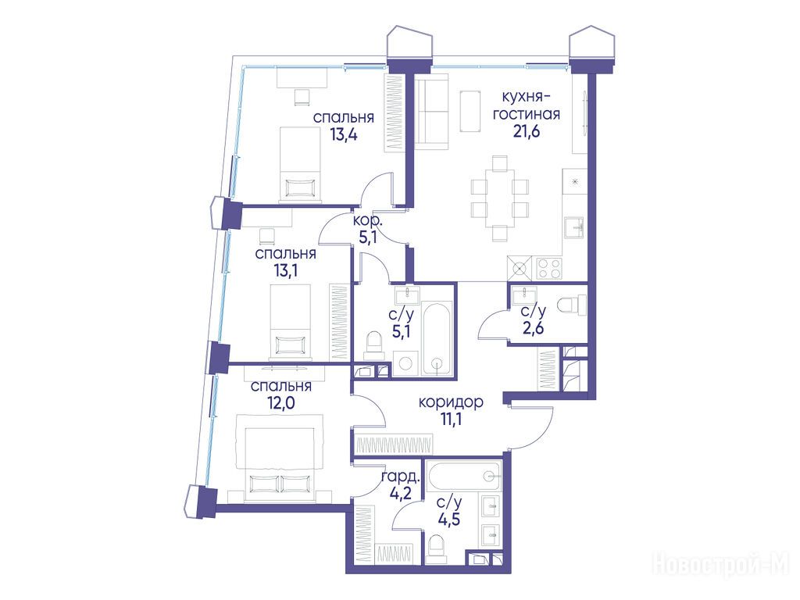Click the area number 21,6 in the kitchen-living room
pos(527,131)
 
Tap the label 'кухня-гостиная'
pos(526,105)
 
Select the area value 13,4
pos(344,134)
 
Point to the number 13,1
pos(286,270)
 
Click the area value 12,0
pos(280,403)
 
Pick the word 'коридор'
pos(451,402)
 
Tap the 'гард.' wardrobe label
pos(402,477)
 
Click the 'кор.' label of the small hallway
pos(367,221)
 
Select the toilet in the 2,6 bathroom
pos(571,305)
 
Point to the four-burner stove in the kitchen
pos(549,268)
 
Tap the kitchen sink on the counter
pos(574,227)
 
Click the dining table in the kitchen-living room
pos(499,198)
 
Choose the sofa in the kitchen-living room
pos(431,112)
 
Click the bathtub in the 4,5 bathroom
pos(464,476)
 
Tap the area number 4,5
pos(449,520)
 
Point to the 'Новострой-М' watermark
pos(721,566)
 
